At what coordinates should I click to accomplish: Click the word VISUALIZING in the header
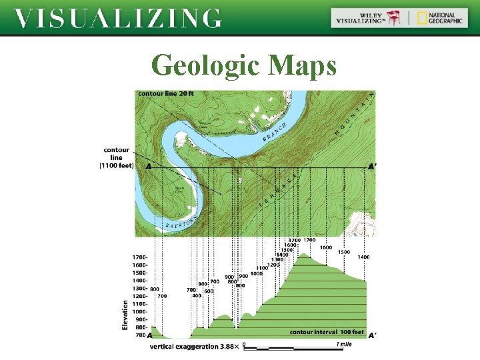118,18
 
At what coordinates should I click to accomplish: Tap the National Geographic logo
437,18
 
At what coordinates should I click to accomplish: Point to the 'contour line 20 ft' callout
166,94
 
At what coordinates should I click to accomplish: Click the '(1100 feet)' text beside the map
117,165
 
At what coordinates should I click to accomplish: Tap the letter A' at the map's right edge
372,167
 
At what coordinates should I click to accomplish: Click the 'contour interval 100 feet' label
327,332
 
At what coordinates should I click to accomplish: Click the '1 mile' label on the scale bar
345,344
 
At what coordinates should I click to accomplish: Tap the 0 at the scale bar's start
245,345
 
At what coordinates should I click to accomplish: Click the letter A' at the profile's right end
371,336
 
